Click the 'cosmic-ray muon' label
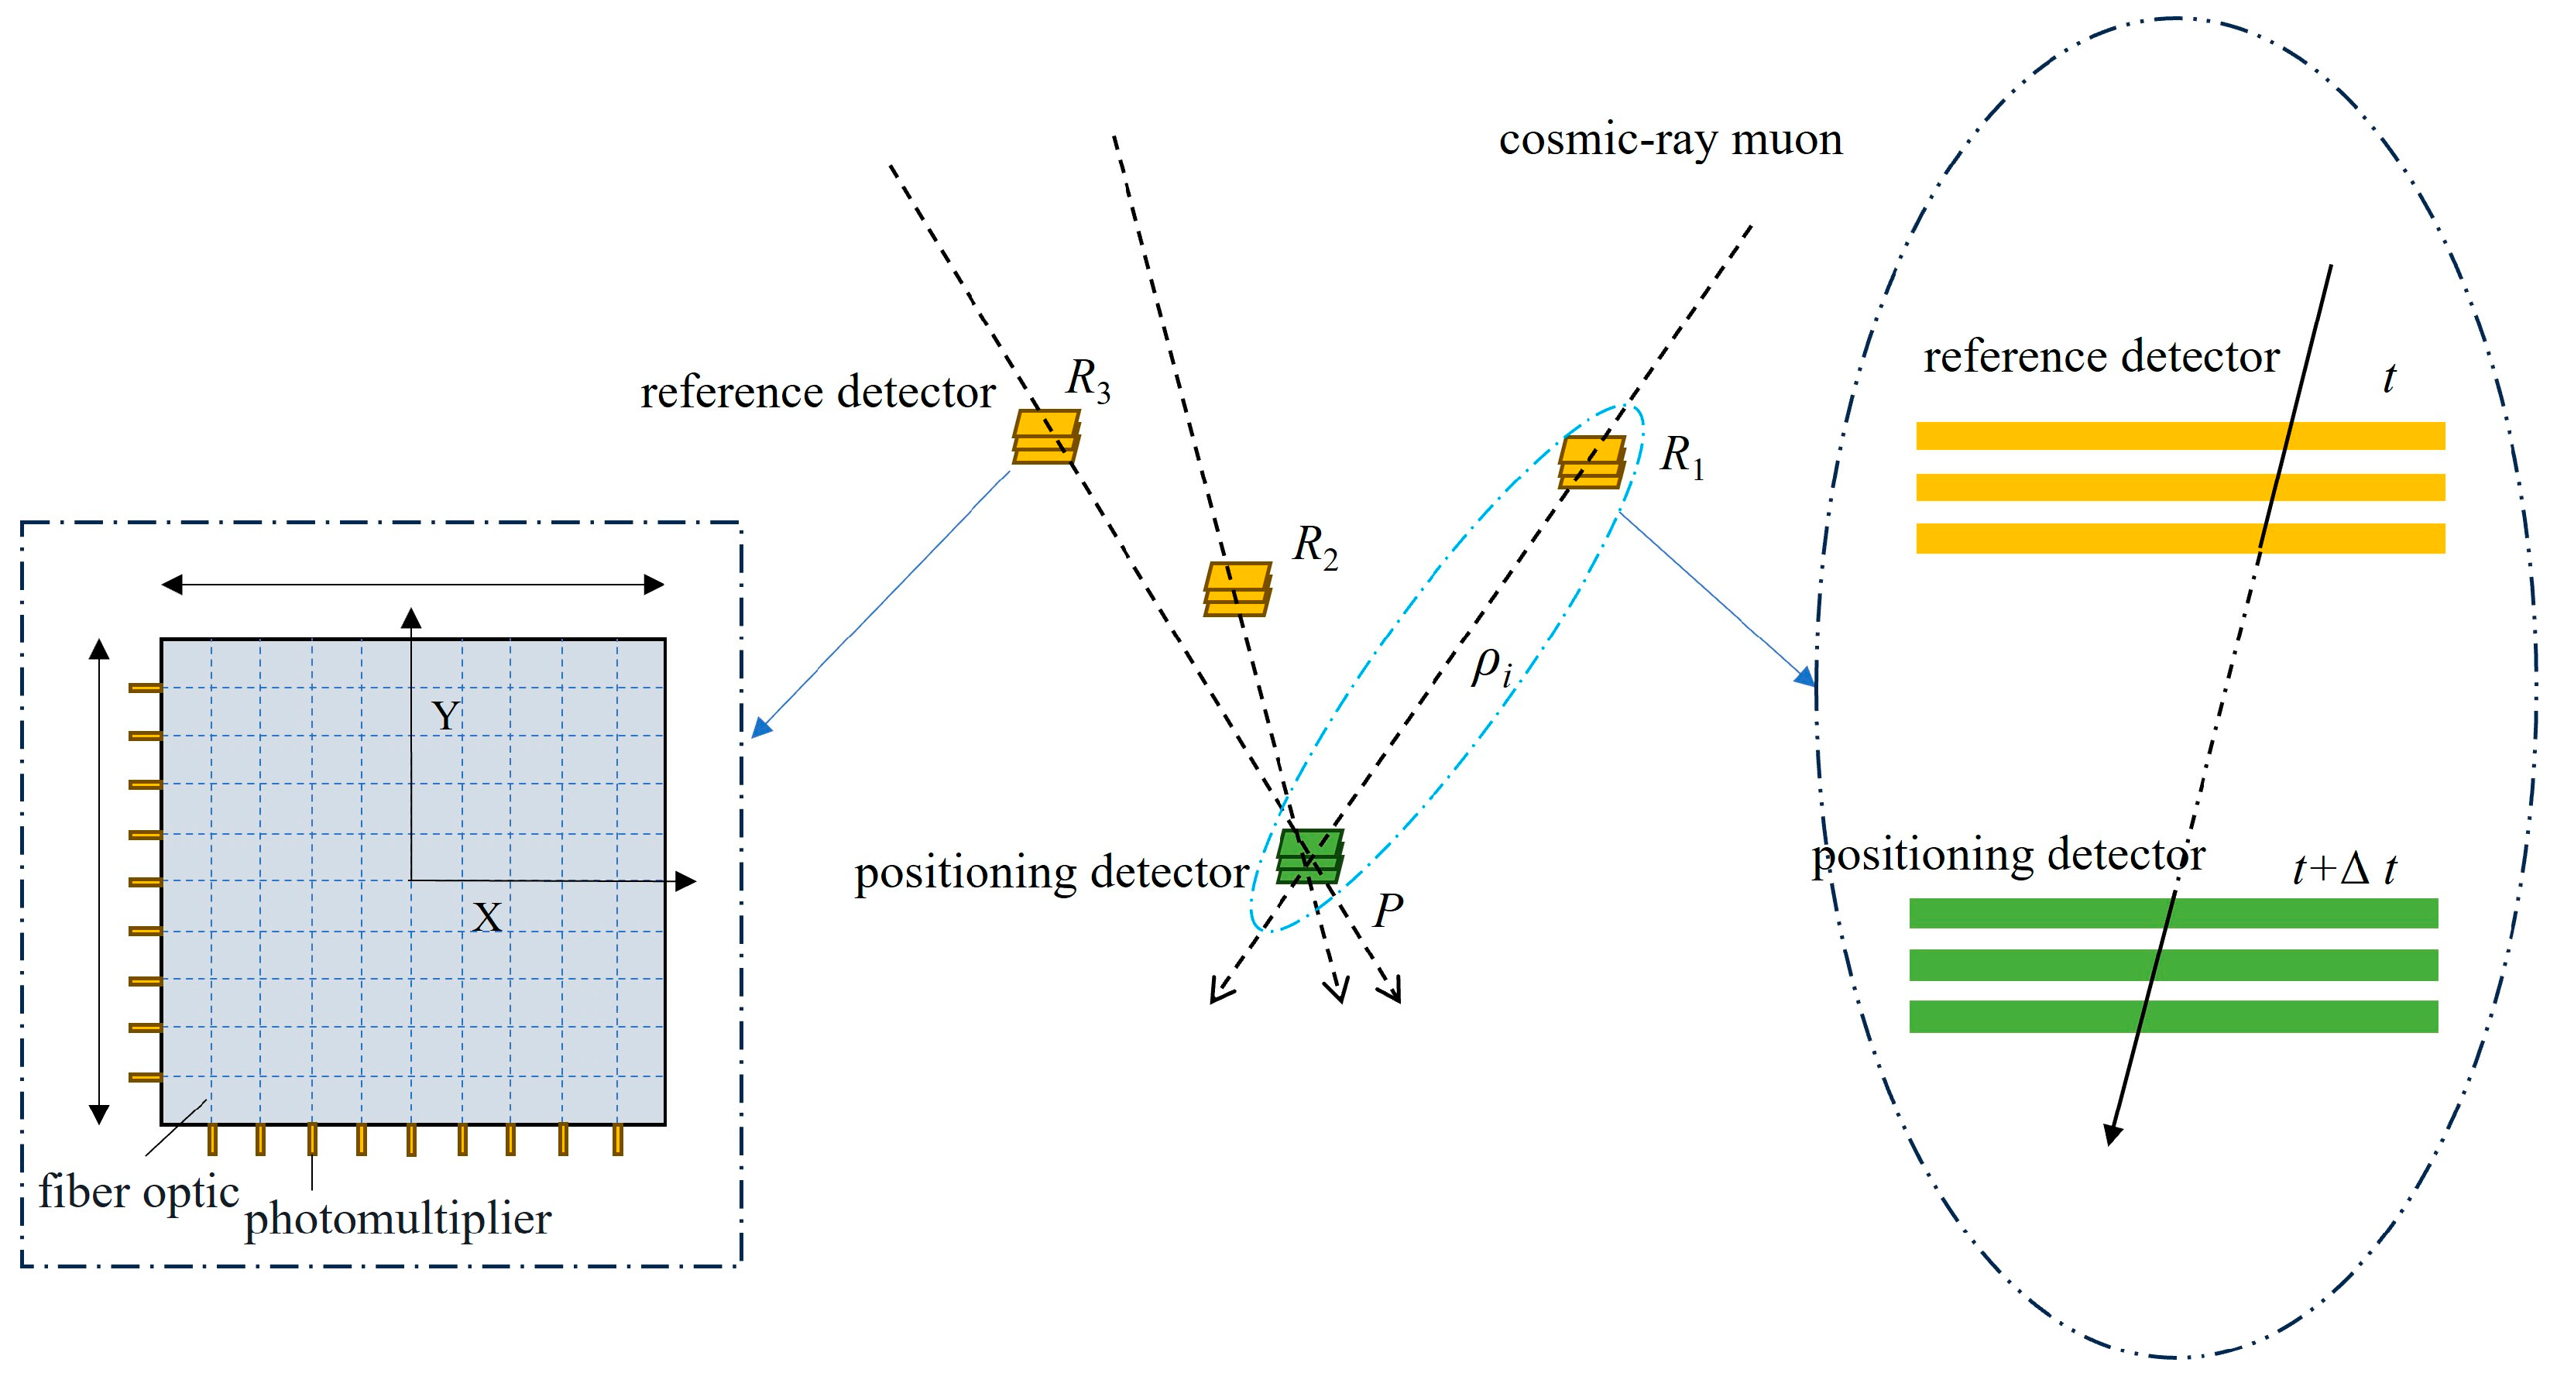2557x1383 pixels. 1670,141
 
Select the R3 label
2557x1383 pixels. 1089,380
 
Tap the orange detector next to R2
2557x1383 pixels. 1237,589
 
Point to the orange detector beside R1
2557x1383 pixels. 1591,462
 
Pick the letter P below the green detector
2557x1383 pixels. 1388,911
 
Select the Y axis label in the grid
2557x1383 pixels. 446,716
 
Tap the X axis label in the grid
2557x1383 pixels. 486,918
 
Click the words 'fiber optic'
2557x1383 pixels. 139,1193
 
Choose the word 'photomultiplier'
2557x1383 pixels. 398,1218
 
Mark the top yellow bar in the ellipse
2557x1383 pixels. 2181,436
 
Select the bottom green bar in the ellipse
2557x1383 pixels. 2174,1017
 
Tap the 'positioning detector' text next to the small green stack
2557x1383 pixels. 1051,873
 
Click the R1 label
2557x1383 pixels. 1683,457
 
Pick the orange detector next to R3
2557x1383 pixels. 1046,437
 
